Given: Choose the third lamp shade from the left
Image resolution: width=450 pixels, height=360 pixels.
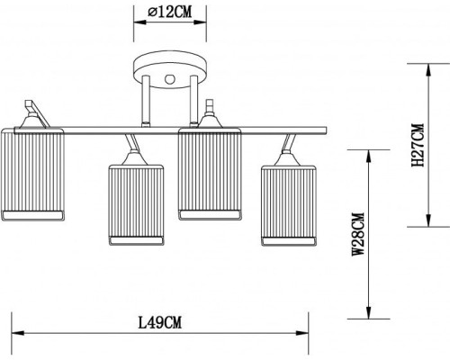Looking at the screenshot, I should click(210, 175).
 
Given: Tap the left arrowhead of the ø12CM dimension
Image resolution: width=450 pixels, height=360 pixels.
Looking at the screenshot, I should click(138, 26).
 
